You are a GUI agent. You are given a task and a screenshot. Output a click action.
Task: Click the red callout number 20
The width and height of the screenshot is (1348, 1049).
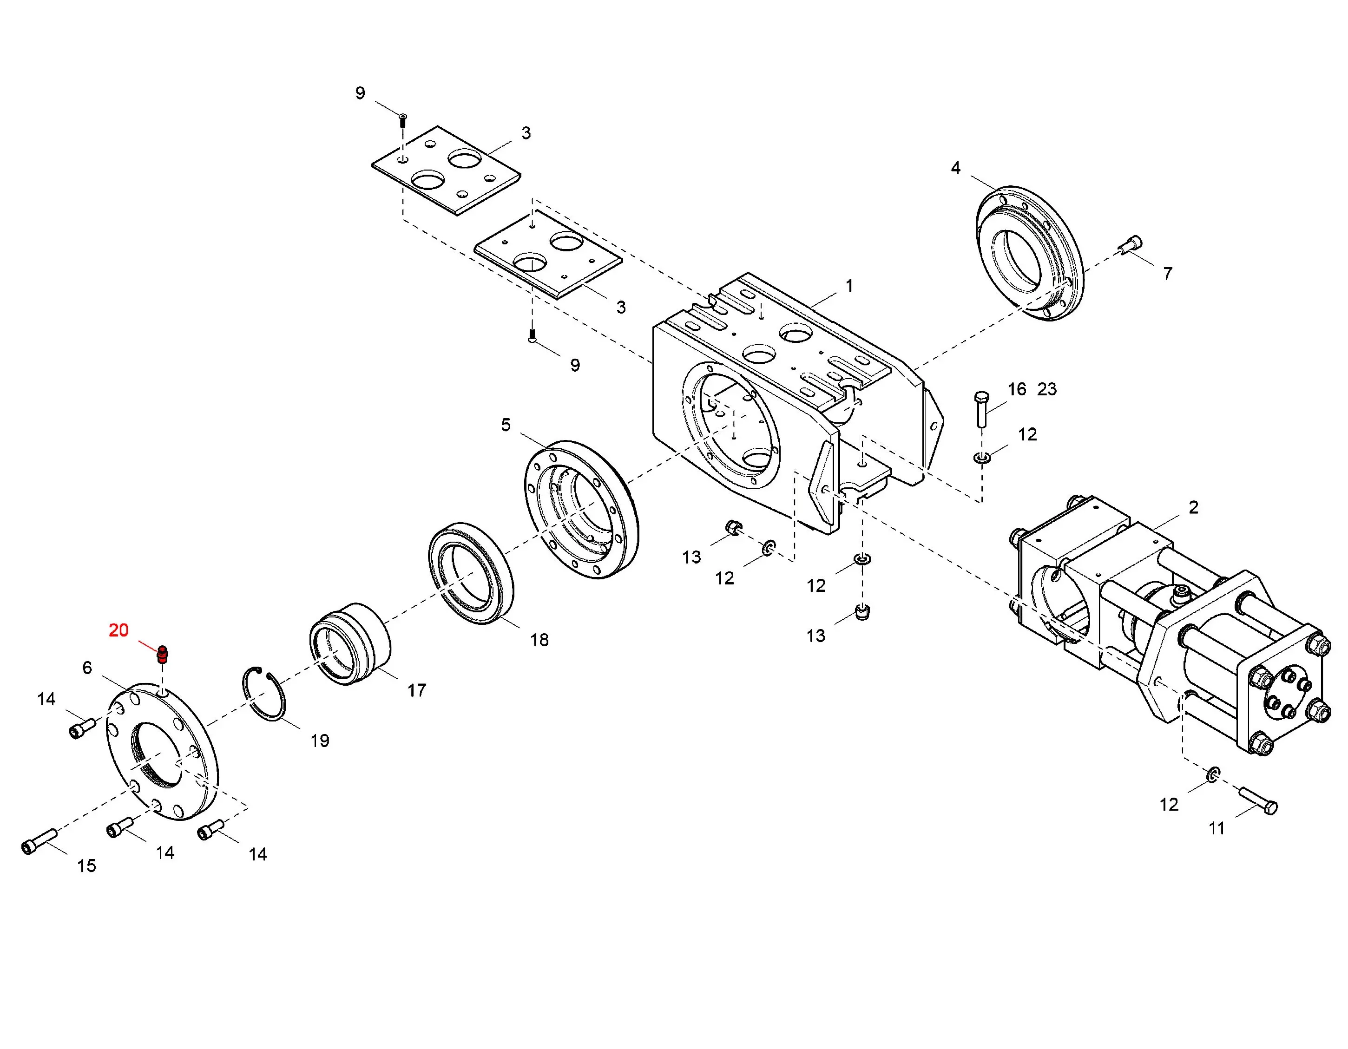(x=118, y=630)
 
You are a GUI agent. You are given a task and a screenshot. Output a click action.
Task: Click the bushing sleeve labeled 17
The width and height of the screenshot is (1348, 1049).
(x=349, y=643)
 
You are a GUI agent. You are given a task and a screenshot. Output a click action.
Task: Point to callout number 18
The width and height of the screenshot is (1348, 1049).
(x=539, y=640)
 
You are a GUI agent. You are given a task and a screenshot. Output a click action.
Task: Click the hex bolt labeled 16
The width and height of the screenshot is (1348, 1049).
(x=981, y=408)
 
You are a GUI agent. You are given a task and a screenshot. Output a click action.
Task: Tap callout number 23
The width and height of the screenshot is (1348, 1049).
(x=1047, y=389)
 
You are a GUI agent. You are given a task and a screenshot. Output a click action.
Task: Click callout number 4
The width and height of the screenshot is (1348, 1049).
(x=955, y=168)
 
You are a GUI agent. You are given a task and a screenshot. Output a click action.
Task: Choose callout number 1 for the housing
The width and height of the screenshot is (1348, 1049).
(x=849, y=286)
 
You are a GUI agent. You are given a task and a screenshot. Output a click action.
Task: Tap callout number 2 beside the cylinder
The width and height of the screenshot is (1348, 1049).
(x=1194, y=507)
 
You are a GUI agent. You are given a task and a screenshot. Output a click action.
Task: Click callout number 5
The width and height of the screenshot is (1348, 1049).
(x=506, y=425)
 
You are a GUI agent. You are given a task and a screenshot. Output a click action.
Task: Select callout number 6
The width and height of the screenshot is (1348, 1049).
(x=87, y=668)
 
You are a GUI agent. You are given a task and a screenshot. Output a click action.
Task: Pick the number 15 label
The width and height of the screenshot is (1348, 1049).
(x=86, y=866)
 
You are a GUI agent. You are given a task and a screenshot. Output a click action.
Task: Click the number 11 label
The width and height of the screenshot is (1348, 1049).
(x=1216, y=828)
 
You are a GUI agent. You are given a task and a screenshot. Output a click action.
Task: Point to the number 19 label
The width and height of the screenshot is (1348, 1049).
(x=320, y=741)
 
